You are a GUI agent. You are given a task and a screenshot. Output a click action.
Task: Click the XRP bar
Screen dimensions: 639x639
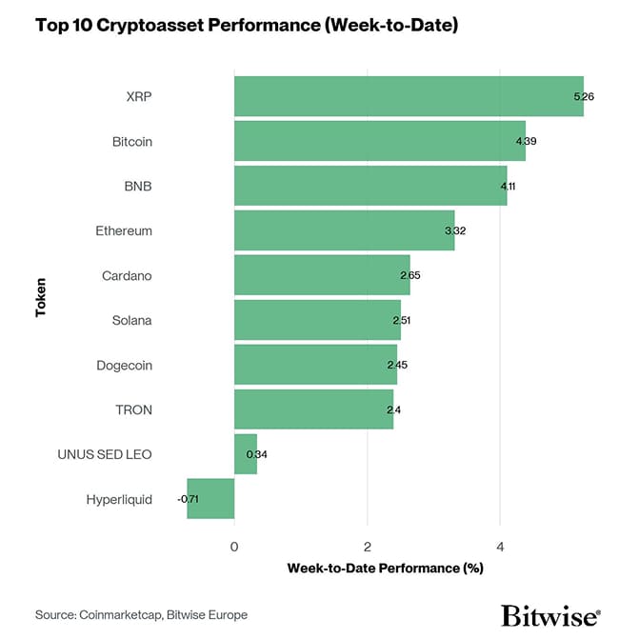409,96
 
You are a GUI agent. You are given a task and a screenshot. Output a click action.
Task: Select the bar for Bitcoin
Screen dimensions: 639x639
379,141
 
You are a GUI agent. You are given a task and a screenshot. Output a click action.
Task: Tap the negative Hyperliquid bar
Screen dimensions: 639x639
210,499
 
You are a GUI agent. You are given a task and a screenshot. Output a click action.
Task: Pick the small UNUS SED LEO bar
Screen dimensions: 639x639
246,454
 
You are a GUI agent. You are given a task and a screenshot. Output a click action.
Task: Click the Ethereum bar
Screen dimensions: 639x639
344,230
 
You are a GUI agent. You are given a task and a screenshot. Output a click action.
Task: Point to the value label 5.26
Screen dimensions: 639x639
585,96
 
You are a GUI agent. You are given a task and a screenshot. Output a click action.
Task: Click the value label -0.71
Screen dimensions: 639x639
189,499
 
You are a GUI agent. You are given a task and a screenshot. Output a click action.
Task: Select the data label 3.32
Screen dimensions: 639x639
455,230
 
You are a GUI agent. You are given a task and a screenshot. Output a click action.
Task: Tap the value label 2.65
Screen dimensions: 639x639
410,275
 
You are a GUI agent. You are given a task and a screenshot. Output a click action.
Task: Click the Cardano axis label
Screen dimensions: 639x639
127,275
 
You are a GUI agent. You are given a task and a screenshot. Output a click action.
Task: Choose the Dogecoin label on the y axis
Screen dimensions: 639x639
124,365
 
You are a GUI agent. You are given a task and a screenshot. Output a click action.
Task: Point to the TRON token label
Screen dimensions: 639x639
132,409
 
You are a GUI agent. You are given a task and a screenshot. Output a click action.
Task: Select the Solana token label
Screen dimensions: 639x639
131,320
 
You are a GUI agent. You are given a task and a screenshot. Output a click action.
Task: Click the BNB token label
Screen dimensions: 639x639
138,186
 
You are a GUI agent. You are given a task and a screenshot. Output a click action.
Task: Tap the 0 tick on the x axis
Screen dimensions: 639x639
234,546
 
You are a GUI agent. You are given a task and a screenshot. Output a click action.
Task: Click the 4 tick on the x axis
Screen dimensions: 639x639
500,546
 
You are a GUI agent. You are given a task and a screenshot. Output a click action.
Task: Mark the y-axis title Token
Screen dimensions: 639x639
41,297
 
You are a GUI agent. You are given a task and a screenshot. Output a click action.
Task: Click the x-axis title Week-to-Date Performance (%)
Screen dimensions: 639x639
385,569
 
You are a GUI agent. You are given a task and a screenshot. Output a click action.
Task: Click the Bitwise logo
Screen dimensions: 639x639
550,615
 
